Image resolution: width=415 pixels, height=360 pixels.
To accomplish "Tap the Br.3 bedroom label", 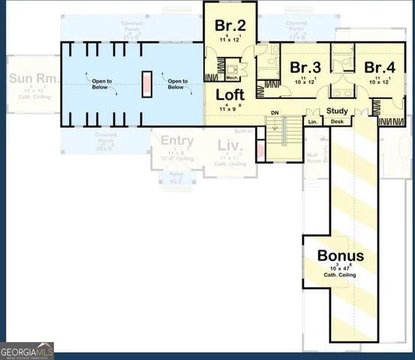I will click(305, 67).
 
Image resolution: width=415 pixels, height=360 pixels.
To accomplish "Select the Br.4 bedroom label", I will click(380, 67).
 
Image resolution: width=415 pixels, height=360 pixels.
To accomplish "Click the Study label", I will click(334, 112).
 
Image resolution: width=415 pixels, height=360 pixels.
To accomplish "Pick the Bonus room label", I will click(340, 255).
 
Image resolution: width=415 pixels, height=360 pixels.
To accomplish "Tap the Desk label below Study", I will click(337, 121).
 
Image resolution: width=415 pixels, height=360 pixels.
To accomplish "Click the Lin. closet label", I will click(312, 121).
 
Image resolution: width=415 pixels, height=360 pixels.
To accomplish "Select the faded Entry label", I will click(177, 140).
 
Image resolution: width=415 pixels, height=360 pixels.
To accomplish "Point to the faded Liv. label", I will click(229, 145).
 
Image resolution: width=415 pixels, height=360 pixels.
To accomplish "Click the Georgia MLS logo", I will click(27, 350).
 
